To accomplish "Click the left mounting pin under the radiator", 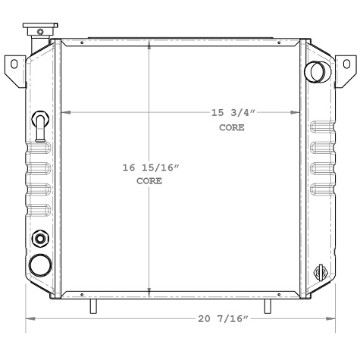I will pyautogui.click(x=93, y=305).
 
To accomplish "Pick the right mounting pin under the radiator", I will pyautogui.click(x=268, y=305).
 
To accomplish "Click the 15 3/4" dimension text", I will pyautogui.click(x=233, y=113).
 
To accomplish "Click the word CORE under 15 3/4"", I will pyautogui.click(x=232, y=127).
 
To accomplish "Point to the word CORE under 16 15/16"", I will pyautogui.click(x=149, y=182).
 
